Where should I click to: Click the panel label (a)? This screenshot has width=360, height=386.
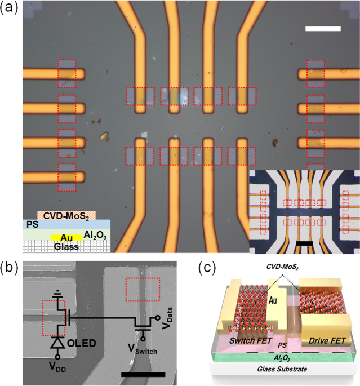[11, 10]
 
